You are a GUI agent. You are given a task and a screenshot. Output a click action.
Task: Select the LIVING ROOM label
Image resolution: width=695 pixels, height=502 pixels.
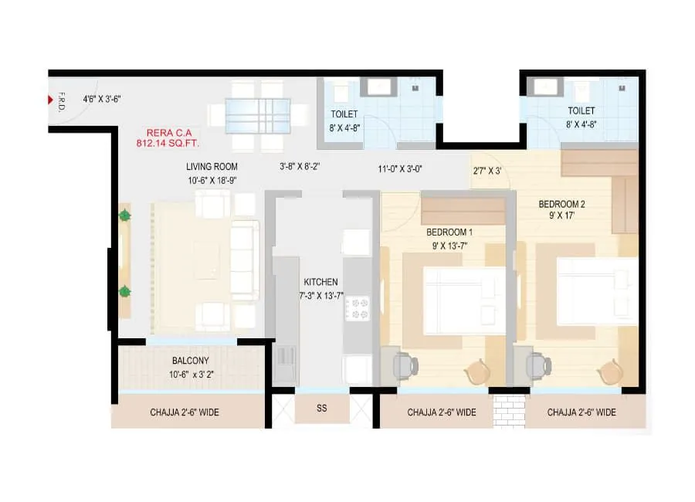(x=212, y=166)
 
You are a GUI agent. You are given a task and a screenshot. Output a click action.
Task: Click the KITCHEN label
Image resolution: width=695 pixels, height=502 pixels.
(x=320, y=283)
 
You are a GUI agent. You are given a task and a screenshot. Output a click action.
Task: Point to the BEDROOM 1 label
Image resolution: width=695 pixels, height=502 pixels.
(x=449, y=232)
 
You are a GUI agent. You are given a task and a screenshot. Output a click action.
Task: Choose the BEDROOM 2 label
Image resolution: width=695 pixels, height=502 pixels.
(x=561, y=204)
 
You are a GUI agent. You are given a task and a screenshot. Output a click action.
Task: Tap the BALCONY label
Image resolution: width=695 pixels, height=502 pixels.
(x=189, y=361)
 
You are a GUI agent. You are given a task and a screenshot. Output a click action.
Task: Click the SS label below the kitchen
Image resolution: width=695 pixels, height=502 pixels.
(x=321, y=409)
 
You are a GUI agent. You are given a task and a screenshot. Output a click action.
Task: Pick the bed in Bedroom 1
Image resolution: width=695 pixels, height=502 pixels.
(x=454, y=300)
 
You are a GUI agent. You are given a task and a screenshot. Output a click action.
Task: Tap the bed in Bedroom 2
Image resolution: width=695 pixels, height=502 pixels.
(x=595, y=291)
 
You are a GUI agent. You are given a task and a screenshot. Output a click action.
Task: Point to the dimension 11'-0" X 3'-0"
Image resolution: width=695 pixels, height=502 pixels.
(x=400, y=168)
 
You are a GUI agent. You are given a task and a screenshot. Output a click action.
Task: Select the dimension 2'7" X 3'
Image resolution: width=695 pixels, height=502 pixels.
(x=487, y=171)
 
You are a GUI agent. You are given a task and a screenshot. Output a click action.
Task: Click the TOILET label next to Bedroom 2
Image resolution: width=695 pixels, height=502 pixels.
(x=581, y=111)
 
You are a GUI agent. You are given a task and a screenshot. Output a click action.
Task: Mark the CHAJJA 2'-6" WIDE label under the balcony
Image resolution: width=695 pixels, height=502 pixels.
(x=185, y=412)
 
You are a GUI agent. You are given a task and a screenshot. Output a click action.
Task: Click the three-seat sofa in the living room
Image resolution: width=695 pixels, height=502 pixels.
(x=245, y=260)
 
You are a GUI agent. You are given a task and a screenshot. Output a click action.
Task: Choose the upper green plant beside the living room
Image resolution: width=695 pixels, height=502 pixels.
(x=124, y=217)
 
